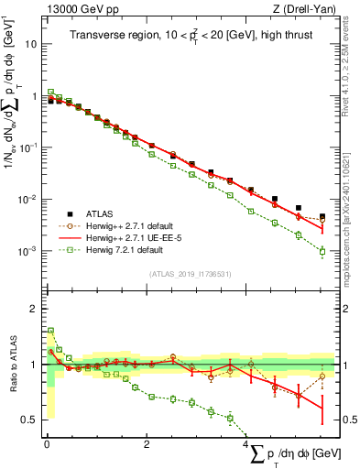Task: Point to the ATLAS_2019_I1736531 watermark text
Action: coord(190,274)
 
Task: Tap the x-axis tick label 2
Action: coord(147,445)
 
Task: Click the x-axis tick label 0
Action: coord(46,445)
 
